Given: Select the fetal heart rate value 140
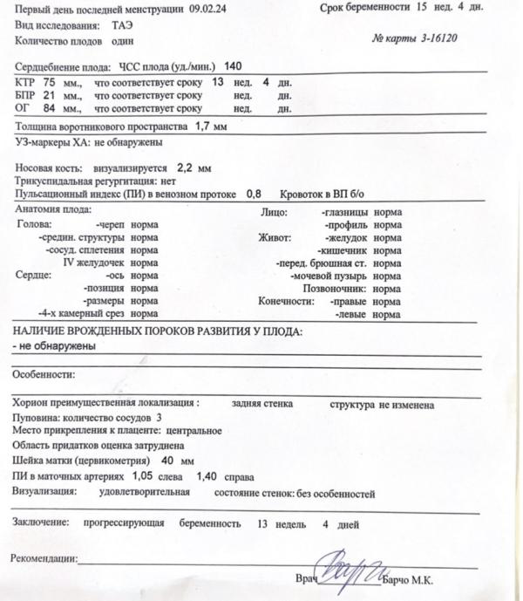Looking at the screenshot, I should (x=234, y=67).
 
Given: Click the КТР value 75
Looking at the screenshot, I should (x=49, y=81).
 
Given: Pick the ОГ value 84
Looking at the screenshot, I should (x=49, y=108).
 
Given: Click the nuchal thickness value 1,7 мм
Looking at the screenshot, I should (x=211, y=127).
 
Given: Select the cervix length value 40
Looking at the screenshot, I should (x=167, y=460).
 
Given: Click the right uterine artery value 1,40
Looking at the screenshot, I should (x=207, y=476).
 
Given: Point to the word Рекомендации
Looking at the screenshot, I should (x=43, y=558).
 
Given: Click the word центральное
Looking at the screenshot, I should (x=192, y=431).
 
